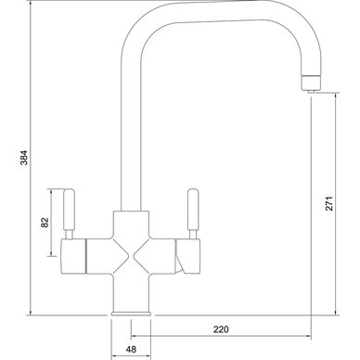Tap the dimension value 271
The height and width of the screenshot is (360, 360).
[329, 203]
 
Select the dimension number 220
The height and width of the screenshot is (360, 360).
[221, 329]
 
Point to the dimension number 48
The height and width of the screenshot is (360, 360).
[131, 350]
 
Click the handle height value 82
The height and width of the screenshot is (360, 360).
[45, 223]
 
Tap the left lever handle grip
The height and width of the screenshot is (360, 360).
[69, 210]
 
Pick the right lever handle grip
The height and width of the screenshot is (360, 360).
[193, 210]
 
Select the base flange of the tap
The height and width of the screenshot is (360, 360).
[131, 313]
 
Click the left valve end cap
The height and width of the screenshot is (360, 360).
[73, 256]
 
